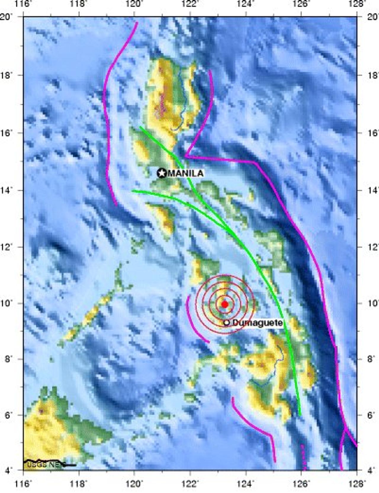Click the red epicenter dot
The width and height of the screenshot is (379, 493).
click(224, 304)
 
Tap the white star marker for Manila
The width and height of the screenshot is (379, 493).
click(162, 173)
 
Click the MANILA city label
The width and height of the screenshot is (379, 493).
click(186, 173)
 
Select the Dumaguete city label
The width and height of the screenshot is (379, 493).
click(257, 323)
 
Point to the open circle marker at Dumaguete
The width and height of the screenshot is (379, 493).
click(227, 323)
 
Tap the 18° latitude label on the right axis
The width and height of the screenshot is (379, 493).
click(369, 75)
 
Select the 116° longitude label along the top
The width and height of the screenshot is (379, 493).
click(24, 4)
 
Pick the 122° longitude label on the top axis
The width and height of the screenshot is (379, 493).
click(191, 4)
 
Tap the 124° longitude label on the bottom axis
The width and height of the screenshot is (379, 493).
click(246, 484)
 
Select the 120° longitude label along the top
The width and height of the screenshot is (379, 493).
click(135, 4)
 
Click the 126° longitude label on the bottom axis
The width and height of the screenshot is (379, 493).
click(302, 484)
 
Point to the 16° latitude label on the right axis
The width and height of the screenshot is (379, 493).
click(369, 133)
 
